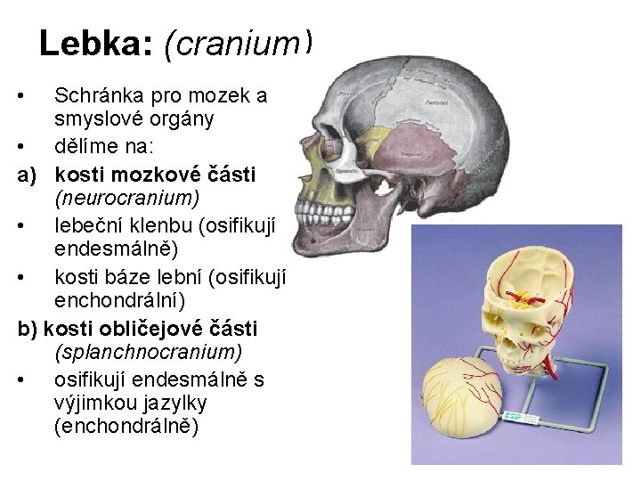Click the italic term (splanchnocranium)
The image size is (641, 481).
tap(148, 354)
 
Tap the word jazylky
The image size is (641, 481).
tap(175, 403)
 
